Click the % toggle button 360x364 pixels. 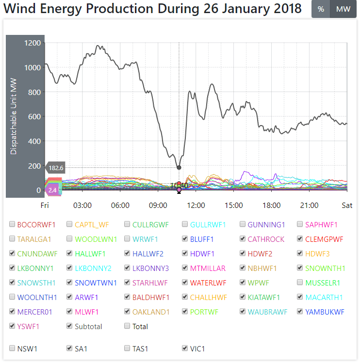coord(321,9)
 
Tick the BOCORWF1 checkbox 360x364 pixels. coord(12,224)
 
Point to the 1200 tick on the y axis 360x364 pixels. coord(33,43)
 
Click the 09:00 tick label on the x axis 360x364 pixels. coord(158,205)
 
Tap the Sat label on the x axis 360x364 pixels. coord(347,205)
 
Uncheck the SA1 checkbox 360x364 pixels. coord(70,348)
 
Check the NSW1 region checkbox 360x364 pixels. coord(12,348)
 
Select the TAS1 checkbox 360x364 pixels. coord(128,348)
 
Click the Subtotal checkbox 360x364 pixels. coord(70,326)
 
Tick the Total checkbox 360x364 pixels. coord(128,326)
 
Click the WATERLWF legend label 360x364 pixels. coord(208,283)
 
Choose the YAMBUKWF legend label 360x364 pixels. coord(325,312)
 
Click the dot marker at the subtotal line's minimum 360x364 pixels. coord(179,168)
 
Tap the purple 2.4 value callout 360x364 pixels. coord(52,190)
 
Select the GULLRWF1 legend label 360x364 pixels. coord(208,224)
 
